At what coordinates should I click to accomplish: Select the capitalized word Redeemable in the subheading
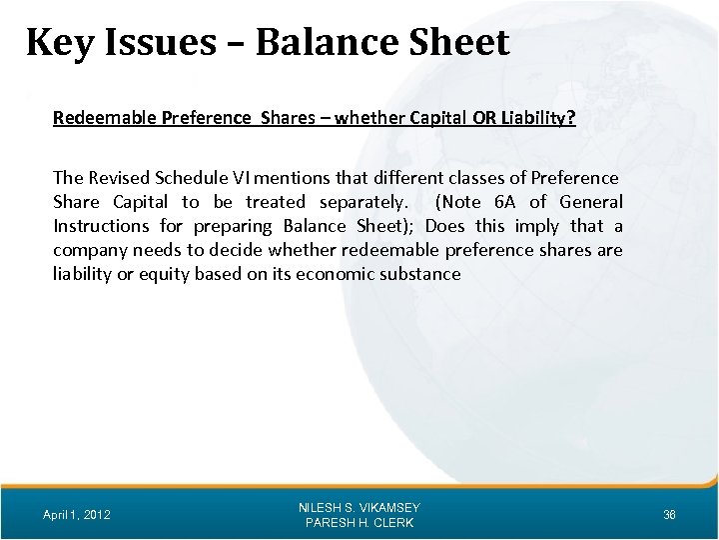(x=100, y=118)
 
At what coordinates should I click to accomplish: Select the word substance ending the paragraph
(x=426, y=273)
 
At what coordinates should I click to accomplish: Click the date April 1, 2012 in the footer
(x=77, y=515)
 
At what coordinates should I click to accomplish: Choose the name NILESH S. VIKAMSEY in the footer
(x=359, y=507)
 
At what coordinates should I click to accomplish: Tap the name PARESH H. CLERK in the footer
(x=359, y=523)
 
